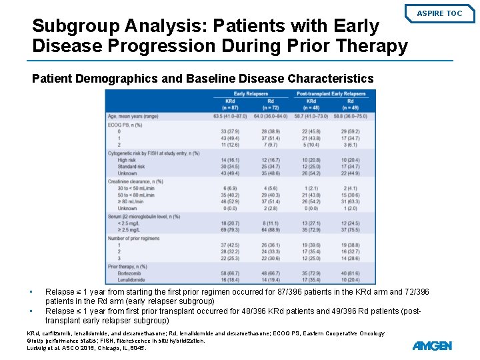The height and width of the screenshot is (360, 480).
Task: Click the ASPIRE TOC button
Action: coord(439,13)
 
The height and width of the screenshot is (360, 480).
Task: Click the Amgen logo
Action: coord(432,345)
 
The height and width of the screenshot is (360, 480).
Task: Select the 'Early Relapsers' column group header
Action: coord(248,94)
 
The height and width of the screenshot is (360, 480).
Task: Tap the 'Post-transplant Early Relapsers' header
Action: coord(331,94)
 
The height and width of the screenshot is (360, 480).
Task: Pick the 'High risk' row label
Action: coord(127,160)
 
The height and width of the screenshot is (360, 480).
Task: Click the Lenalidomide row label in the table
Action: coord(131,280)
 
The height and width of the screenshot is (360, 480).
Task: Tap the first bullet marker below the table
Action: coord(31,292)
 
